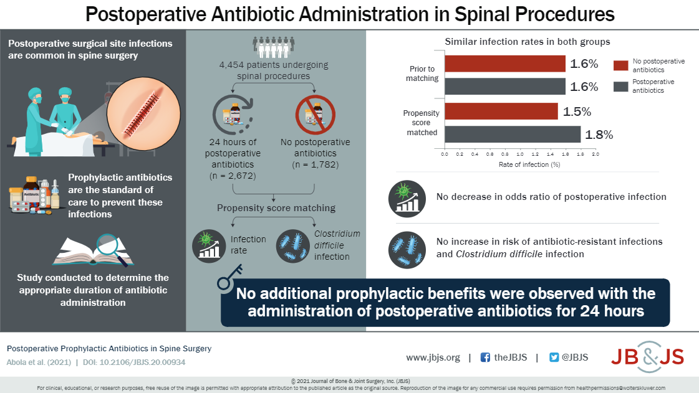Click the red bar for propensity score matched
[x=501, y=111]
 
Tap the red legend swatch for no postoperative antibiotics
[x=620, y=65]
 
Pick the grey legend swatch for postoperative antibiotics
[x=620, y=86]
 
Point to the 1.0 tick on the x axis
[x=519, y=153]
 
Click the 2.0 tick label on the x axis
[x=595, y=153]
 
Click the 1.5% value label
[x=578, y=112]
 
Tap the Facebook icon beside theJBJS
[x=485, y=357]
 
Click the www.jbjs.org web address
[x=433, y=357]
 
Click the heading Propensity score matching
[x=276, y=207]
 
